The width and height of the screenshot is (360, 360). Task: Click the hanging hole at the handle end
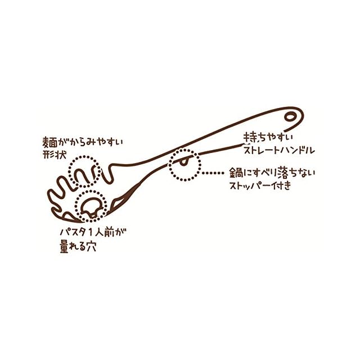coord(290,118)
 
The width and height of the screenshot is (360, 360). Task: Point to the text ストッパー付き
coord(259,185)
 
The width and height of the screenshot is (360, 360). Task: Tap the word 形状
coord(52,153)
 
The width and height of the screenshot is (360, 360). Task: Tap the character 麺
coord(49,141)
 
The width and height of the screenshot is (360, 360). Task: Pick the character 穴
coord(90,246)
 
